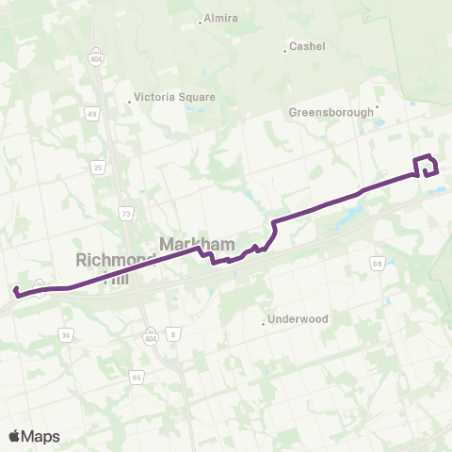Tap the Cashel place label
[307, 46]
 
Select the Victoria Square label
[174, 97]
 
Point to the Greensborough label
[331, 112]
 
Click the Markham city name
[196, 244]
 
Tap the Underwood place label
[298, 319]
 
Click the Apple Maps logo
[34, 436]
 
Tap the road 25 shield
[98, 168]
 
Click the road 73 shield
[126, 215]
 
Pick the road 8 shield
[172, 334]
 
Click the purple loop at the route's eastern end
[427, 166]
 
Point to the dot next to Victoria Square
[130, 101]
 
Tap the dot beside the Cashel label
[284, 50]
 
